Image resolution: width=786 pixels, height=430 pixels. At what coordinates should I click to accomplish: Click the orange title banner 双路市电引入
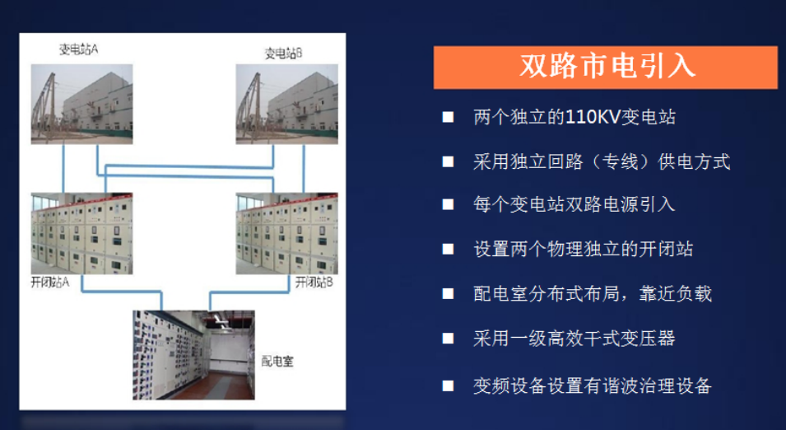[x=606, y=67]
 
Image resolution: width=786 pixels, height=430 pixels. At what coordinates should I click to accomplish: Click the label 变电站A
[x=77, y=49]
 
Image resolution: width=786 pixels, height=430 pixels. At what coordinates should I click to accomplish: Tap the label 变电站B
[x=283, y=54]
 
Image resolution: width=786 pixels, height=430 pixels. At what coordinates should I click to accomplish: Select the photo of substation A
[x=81, y=104]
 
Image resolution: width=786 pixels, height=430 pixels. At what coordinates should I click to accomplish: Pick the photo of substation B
[x=287, y=104]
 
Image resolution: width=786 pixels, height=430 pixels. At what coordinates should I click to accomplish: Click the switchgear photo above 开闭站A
[x=81, y=234]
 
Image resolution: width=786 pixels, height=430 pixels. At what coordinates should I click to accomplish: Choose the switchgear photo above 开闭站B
[x=287, y=234]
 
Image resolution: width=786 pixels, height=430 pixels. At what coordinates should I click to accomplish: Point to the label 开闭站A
[x=51, y=283]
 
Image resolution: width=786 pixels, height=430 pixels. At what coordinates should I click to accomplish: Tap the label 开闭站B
[x=314, y=283]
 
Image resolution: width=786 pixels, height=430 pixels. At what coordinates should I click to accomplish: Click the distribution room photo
[x=193, y=354]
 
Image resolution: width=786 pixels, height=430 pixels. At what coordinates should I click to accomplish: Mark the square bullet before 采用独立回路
[x=448, y=161]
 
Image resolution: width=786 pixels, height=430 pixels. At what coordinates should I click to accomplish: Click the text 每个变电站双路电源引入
[x=574, y=204]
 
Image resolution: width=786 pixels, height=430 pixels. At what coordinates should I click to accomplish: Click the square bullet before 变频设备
[x=448, y=385]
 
